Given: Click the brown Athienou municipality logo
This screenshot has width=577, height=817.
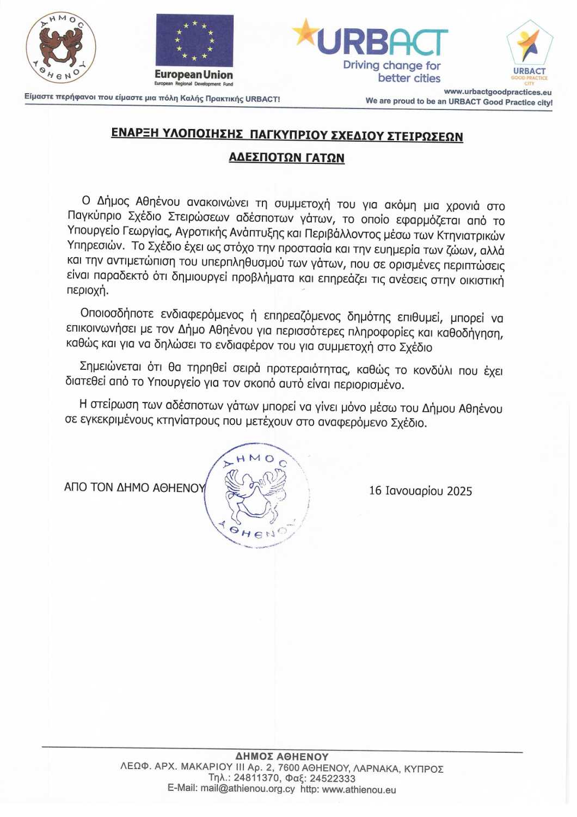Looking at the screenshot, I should pyautogui.click(x=61, y=48).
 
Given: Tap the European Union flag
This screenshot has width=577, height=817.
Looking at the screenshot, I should pyautogui.click(x=194, y=40).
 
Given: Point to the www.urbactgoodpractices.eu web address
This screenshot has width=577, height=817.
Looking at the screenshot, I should pyautogui.click(x=498, y=92).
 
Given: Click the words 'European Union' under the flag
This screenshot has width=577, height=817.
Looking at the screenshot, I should pyautogui.click(x=193, y=75).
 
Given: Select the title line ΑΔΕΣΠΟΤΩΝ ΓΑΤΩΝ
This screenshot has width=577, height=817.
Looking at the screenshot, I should pyautogui.click(x=286, y=157).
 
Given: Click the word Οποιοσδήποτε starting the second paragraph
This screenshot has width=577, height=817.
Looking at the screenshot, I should pyautogui.click(x=117, y=314).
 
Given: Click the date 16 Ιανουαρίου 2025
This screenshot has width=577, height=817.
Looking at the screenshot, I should pyautogui.click(x=420, y=491).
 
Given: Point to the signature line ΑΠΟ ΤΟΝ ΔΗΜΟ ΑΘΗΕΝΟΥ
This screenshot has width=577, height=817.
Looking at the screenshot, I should pyautogui.click(x=134, y=487).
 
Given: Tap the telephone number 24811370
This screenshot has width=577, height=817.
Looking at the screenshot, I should pyautogui.click(x=257, y=778).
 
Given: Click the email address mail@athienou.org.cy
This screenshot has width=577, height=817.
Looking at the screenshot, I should pyautogui.click(x=247, y=789).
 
